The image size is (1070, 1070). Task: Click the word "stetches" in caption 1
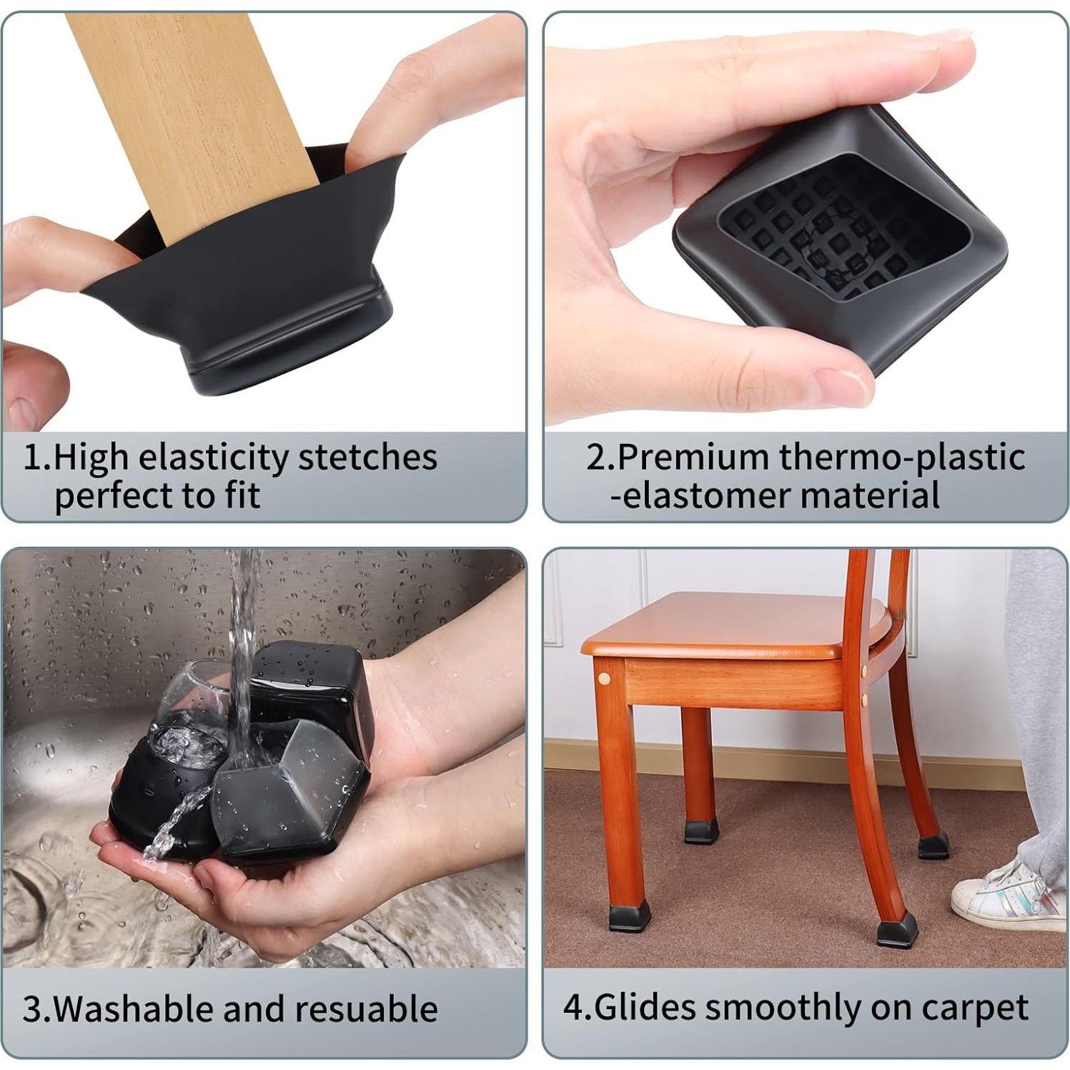[367, 457]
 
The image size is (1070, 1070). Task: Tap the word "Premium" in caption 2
[693, 457]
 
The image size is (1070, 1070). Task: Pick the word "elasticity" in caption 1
[214, 457]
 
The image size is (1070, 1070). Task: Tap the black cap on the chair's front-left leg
[630, 917]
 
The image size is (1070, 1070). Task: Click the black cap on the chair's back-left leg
[701, 831]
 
